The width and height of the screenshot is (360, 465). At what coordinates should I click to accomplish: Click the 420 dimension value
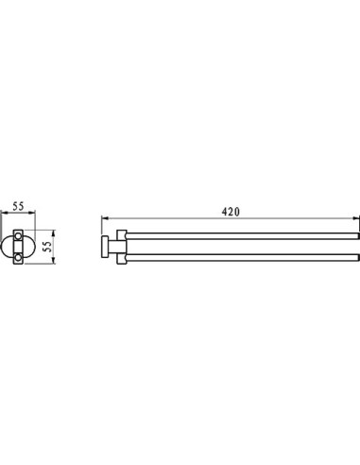(231, 212)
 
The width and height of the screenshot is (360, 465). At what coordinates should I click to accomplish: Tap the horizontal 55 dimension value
(18, 206)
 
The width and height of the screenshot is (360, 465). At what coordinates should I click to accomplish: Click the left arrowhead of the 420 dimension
(105, 217)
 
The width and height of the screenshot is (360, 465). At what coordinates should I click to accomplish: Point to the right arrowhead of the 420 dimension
(356, 217)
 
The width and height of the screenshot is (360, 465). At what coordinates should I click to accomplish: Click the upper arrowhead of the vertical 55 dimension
(54, 233)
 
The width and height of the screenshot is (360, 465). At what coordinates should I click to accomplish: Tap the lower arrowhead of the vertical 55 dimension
(54, 260)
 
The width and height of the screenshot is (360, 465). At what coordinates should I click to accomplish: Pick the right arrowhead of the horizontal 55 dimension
(32, 214)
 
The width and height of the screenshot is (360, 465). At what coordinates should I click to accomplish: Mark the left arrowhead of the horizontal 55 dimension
(4, 214)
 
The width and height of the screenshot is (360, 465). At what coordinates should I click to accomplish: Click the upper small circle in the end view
(18, 235)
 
